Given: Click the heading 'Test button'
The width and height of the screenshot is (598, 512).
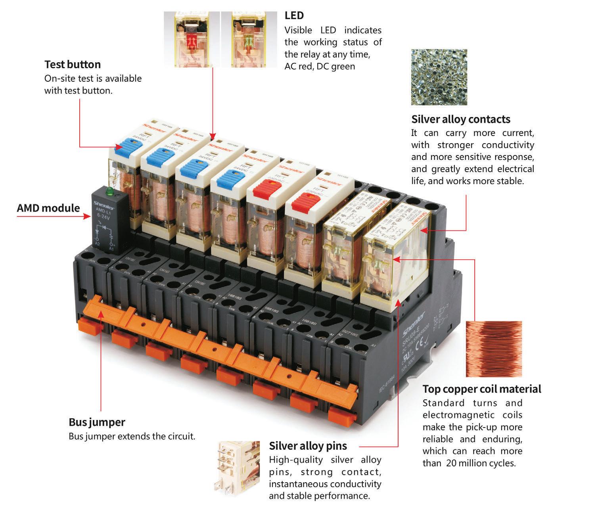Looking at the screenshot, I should (x=73, y=65).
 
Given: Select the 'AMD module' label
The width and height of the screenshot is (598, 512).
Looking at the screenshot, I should (x=48, y=208).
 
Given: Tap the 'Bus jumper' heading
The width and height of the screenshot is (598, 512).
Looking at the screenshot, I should (x=97, y=422).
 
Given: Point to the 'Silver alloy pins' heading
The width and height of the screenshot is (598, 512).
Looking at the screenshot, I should (x=308, y=446).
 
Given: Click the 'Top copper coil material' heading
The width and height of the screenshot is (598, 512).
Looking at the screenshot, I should (x=481, y=389).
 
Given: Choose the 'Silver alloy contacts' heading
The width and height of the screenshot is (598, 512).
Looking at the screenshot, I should (x=460, y=119).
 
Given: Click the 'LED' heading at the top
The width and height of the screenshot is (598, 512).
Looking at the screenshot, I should (x=294, y=15).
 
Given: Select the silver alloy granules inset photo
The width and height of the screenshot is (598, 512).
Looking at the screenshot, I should (x=439, y=77).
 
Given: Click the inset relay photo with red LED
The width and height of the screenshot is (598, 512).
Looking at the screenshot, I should (x=192, y=39).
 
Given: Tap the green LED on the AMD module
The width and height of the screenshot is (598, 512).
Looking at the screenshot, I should (x=109, y=194).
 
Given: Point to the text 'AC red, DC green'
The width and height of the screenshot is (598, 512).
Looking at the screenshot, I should (x=319, y=66).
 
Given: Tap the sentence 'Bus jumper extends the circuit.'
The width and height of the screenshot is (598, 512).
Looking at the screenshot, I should (x=132, y=437).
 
